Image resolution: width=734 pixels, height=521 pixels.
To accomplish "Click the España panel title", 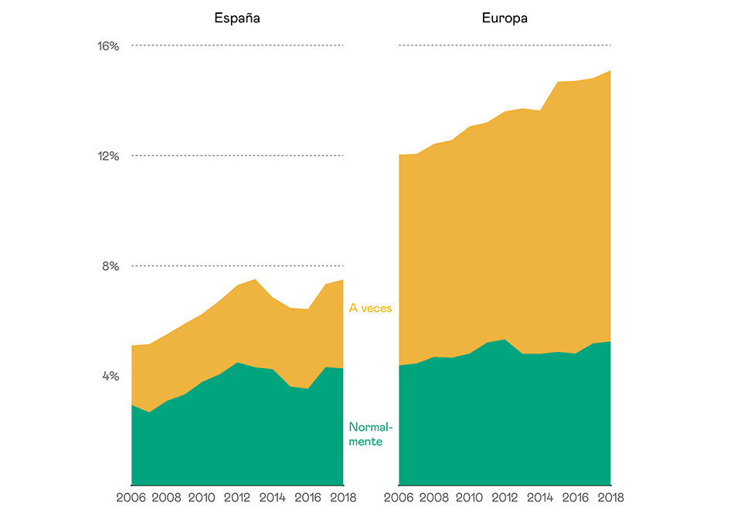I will pyautogui.click(x=237, y=18).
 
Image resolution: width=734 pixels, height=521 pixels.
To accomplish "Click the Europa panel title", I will pyautogui.click(x=505, y=18).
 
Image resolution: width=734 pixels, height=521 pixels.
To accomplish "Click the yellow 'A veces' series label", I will pyautogui.click(x=371, y=308).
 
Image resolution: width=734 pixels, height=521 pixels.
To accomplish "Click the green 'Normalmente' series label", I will pyautogui.click(x=371, y=435).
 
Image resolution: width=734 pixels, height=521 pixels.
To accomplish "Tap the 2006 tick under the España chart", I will pyautogui.click(x=131, y=498).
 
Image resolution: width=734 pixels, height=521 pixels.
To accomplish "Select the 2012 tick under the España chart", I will pyautogui.click(x=237, y=498).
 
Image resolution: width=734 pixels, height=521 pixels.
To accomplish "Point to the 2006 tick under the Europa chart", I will pyautogui.click(x=399, y=498).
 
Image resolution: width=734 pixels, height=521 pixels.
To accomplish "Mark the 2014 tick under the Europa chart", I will pyautogui.click(x=540, y=498).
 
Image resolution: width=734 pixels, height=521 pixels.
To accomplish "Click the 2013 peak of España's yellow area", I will pyautogui.click(x=255, y=279).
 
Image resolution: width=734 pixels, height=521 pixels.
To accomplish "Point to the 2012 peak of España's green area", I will pyautogui.click(x=237, y=362).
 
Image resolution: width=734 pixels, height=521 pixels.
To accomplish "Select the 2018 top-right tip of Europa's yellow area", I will pyautogui.click(x=610, y=71).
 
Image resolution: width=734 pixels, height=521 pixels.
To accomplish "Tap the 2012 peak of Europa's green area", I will pyautogui.click(x=505, y=339).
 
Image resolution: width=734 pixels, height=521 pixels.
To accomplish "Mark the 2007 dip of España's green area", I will pyautogui.click(x=149, y=412).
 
